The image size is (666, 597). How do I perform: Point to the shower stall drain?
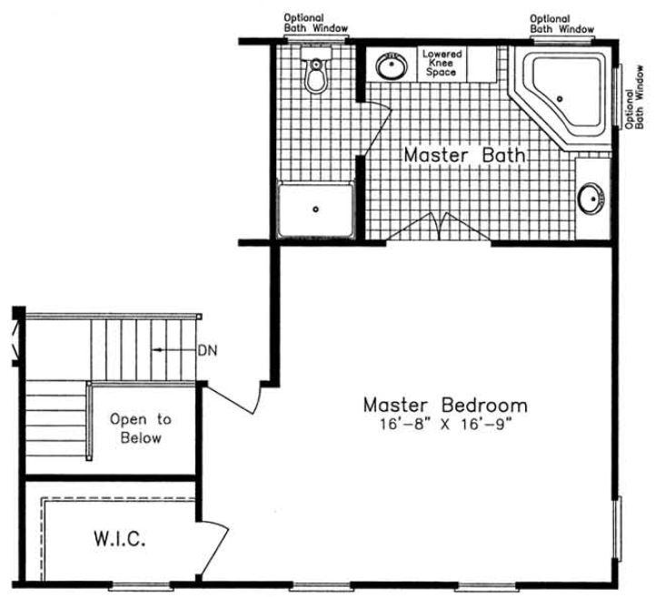tap(315, 210)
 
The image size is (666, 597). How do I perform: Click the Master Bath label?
tap(464, 155)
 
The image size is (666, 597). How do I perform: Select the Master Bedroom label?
tap(444, 404)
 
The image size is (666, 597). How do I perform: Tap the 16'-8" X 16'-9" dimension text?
tap(444, 424)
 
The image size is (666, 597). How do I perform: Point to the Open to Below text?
tap(140, 428)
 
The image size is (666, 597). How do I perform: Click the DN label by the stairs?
tap(207, 350)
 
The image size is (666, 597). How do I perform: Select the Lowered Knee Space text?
tap(442, 63)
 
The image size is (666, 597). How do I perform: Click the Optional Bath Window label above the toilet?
tap(315, 23)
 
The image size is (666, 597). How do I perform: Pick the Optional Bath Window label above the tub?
tap(562, 24)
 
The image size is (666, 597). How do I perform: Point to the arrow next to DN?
tap(172, 350)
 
